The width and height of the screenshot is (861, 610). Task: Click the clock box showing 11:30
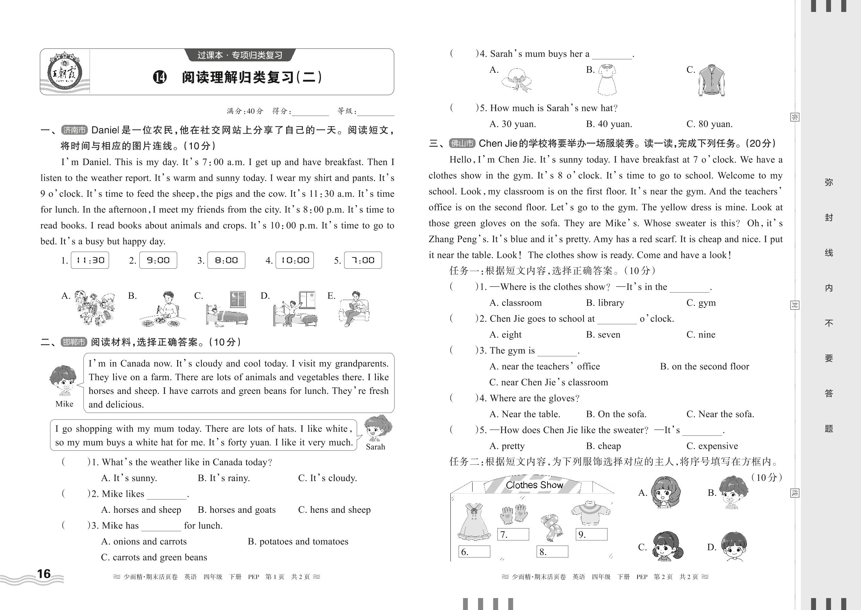90,260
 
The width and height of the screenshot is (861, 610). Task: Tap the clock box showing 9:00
158,260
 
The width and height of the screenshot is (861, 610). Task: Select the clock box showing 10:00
295,260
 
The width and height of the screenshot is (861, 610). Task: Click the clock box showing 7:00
363,260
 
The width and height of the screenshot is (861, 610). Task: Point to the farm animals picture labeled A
94,308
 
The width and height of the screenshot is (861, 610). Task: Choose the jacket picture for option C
711,80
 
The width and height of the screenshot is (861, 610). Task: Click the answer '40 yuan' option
609,124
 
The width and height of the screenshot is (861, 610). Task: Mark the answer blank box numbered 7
513,534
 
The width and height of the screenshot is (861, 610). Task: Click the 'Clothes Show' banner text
534,485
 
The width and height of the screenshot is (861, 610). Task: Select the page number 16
44,574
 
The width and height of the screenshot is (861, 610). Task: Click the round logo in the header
64,73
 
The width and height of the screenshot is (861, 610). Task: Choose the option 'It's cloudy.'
327,478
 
